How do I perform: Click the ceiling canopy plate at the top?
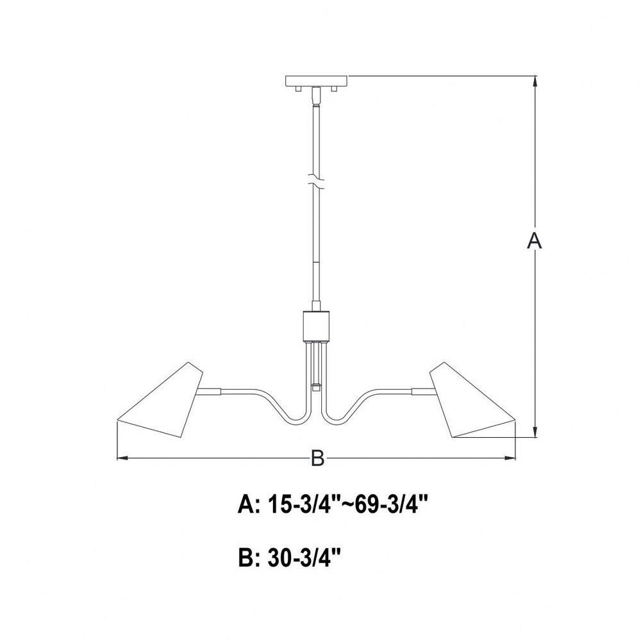316,81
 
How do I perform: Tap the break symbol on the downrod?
316,182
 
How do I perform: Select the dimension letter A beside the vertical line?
534,240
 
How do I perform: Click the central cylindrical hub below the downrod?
316,326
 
